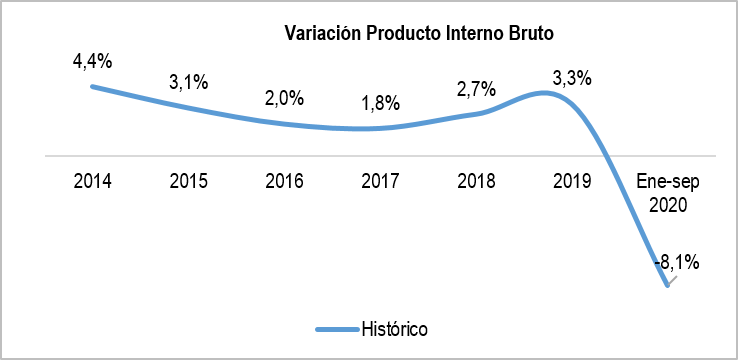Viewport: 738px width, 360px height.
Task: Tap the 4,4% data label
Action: coord(92,61)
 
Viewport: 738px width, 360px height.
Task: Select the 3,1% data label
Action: coord(188,82)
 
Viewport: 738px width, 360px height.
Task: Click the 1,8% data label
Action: coord(381,102)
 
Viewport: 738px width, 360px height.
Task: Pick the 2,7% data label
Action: coord(476,88)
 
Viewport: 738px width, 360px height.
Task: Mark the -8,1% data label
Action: coord(677,263)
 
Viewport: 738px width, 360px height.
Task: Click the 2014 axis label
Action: coord(92,182)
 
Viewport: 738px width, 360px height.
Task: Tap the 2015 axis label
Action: coord(188,182)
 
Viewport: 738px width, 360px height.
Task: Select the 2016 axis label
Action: coord(284,182)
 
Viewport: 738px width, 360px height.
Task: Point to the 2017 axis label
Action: coord(380,182)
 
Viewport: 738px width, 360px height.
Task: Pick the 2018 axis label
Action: coord(476,182)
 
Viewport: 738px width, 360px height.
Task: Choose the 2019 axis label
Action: coord(572,182)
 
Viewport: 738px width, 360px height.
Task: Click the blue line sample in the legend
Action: coord(335,328)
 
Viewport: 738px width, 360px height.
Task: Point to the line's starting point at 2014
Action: coord(92,86)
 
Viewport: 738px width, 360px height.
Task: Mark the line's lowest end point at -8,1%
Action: coord(667,287)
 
